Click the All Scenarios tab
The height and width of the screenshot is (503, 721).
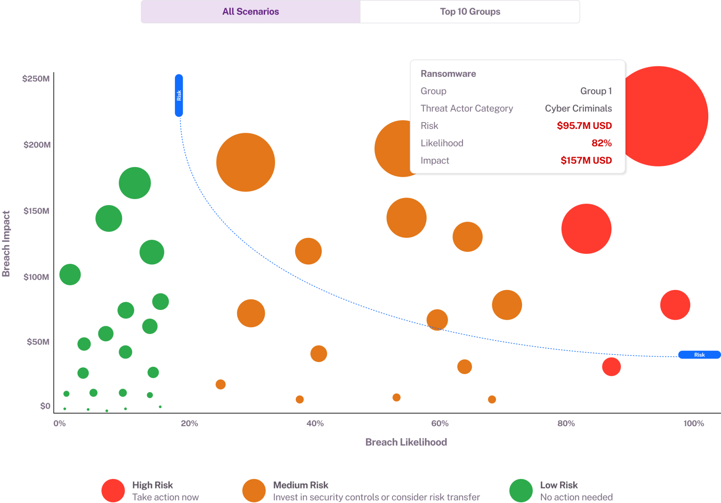tap(251, 12)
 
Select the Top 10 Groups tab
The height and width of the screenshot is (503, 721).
tap(470, 12)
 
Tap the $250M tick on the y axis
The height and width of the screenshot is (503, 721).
tap(36, 79)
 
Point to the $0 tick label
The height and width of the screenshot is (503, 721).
tap(45, 406)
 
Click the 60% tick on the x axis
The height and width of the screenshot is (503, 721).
tap(440, 423)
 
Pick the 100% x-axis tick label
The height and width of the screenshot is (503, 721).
tap(694, 423)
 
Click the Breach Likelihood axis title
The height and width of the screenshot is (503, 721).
tap(406, 442)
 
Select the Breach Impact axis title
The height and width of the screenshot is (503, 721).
tap(6, 244)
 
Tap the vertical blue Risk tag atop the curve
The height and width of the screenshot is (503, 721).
tap(179, 95)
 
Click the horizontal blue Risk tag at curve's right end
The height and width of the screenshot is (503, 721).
tap(699, 355)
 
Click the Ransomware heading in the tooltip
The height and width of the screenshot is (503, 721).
tap(448, 74)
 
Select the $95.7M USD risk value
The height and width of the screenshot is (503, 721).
tap(584, 126)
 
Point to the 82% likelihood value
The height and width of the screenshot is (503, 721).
tap(601, 143)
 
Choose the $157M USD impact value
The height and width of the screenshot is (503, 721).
tap(586, 161)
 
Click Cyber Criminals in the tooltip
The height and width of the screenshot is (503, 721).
tap(578, 108)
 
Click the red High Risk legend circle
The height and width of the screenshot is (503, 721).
tap(113, 490)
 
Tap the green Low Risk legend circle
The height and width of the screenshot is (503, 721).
tap(521, 490)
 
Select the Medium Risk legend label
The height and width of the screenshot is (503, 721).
tap(301, 485)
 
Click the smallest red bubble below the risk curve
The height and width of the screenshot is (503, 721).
tap(611, 367)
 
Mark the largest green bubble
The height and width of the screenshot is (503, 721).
tap(135, 183)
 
